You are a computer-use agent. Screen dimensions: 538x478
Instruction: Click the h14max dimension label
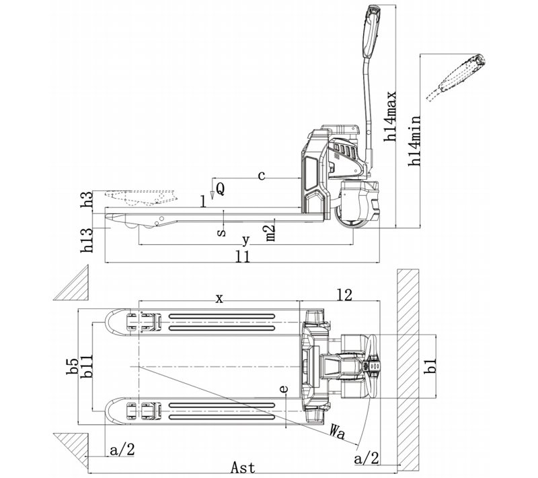click(391, 116)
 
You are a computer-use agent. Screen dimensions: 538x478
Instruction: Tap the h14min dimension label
click(414, 141)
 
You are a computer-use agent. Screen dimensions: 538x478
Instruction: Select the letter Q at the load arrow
click(221, 189)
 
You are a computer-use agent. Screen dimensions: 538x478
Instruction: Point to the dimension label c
click(262, 176)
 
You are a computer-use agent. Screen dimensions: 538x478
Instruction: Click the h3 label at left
click(87, 199)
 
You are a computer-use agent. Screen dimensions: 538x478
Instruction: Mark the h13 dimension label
click(87, 240)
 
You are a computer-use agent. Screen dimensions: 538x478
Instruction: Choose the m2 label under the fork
click(271, 233)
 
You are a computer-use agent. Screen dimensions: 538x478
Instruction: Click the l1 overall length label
click(243, 256)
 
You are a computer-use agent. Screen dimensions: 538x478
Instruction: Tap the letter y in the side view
click(245, 240)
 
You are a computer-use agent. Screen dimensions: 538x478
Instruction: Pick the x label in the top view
click(219, 298)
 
